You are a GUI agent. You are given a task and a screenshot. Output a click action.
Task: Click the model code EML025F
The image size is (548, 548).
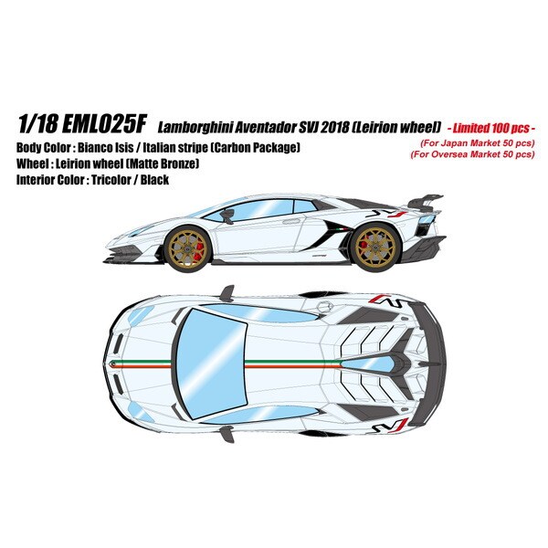(103, 125)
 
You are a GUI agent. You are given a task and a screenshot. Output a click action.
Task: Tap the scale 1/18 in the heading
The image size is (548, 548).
(37, 125)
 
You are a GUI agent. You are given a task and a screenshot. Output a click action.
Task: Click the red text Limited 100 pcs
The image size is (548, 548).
(490, 128)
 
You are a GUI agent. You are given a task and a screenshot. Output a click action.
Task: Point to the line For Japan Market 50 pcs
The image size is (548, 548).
(478, 143)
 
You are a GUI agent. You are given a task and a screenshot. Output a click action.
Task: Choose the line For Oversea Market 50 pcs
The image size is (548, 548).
(472, 154)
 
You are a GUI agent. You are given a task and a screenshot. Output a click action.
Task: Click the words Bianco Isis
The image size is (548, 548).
(106, 147)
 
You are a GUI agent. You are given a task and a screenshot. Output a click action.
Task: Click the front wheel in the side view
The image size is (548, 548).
(186, 248)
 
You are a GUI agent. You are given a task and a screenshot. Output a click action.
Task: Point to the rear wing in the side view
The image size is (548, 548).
(426, 203)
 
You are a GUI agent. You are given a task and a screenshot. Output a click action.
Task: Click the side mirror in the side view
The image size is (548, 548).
(227, 216)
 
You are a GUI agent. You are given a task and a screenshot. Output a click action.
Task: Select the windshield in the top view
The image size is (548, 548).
(211, 364)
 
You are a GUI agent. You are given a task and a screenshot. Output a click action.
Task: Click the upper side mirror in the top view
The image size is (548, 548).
(227, 293)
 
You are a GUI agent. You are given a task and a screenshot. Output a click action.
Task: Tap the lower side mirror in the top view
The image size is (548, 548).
(227, 434)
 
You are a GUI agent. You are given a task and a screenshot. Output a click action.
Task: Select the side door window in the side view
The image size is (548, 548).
(256, 210)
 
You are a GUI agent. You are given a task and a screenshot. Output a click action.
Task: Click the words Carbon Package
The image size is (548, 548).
(256, 148)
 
